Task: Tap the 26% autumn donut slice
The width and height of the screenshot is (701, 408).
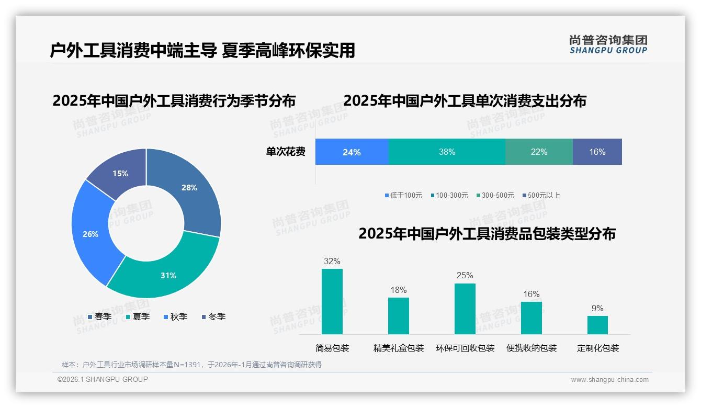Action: [91, 233]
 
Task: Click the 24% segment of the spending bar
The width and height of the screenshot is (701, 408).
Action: [352, 152]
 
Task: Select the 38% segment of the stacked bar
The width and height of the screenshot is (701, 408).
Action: [447, 152]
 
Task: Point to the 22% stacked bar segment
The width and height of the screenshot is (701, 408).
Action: [539, 152]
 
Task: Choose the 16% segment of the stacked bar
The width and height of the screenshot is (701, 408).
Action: [597, 152]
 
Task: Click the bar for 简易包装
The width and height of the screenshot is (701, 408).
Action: [332, 301]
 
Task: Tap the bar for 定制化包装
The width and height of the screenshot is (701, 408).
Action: [597, 325]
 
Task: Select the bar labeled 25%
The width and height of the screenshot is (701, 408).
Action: [465, 309]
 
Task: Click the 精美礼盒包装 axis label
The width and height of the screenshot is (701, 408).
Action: [399, 348]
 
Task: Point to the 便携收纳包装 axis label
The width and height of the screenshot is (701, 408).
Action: [532, 348]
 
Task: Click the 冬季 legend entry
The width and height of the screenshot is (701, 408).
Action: [213, 316]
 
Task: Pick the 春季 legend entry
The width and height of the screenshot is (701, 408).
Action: [99, 316]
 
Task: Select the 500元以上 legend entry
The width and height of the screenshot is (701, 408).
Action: [541, 195]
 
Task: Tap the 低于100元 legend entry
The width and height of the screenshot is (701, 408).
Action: [403, 195]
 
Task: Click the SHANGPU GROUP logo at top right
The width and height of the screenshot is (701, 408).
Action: [608, 44]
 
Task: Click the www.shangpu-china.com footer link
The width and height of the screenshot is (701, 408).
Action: [609, 380]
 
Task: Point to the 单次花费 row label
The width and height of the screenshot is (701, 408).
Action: [286, 152]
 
